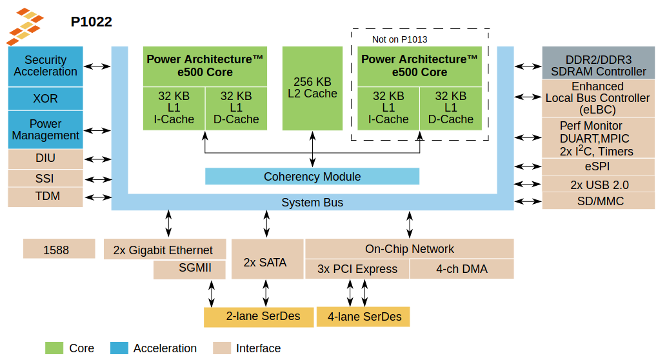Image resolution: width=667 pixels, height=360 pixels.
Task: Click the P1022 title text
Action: tap(91, 22)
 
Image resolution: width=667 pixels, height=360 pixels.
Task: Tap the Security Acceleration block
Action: tap(45, 66)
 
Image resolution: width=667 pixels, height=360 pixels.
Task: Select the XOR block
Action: tap(45, 99)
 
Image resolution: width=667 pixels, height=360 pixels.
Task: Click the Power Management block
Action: tap(45, 130)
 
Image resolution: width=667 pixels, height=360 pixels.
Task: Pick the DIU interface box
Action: tap(45, 158)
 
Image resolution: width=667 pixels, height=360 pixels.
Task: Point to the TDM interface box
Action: tap(45, 196)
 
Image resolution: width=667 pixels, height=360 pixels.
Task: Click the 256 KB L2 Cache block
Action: tap(312, 88)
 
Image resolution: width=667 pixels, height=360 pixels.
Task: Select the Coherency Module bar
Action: tap(312, 176)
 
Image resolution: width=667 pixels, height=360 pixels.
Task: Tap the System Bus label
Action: tap(312, 203)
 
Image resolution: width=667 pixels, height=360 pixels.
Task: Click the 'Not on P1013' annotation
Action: tap(399, 39)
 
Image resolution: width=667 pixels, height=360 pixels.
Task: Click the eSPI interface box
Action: tap(597, 166)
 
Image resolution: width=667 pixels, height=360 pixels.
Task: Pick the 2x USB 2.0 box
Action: tap(597, 185)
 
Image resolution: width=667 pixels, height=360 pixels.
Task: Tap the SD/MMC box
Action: tap(597, 201)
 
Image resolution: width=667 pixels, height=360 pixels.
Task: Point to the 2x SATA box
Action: tap(266, 263)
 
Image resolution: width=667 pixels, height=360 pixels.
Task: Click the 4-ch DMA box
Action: tap(461, 269)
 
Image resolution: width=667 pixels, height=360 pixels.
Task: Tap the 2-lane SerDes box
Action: tap(259, 317)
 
